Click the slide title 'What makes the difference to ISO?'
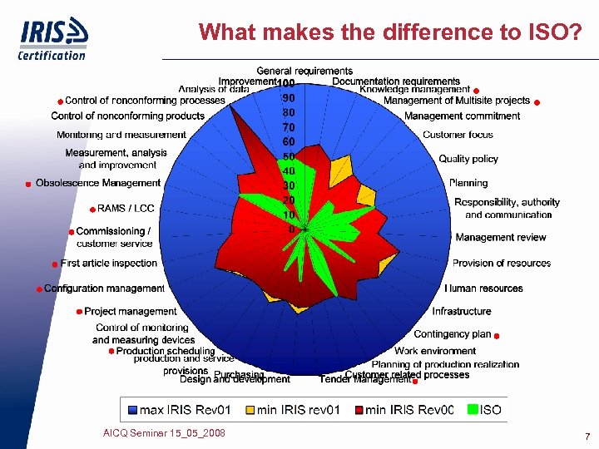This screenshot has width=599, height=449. click(x=389, y=32)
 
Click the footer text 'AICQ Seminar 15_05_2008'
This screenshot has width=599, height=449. click(x=164, y=433)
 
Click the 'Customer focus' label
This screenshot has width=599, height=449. click(x=458, y=135)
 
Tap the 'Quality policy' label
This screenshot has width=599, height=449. click(x=468, y=159)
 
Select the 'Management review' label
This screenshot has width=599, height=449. click(x=501, y=238)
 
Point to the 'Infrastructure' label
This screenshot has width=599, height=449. click(x=462, y=311)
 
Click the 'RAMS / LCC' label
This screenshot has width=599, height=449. click(x=126, y=208)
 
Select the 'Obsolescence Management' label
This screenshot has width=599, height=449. click(x=97, y=183)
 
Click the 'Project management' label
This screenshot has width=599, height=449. click(x=130, y=312)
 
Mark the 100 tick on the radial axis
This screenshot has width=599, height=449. click(x=286, y=83)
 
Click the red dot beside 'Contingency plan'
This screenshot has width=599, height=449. click(x=496, y=336)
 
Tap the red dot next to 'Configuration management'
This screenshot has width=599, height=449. click(x=38, y=289)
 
